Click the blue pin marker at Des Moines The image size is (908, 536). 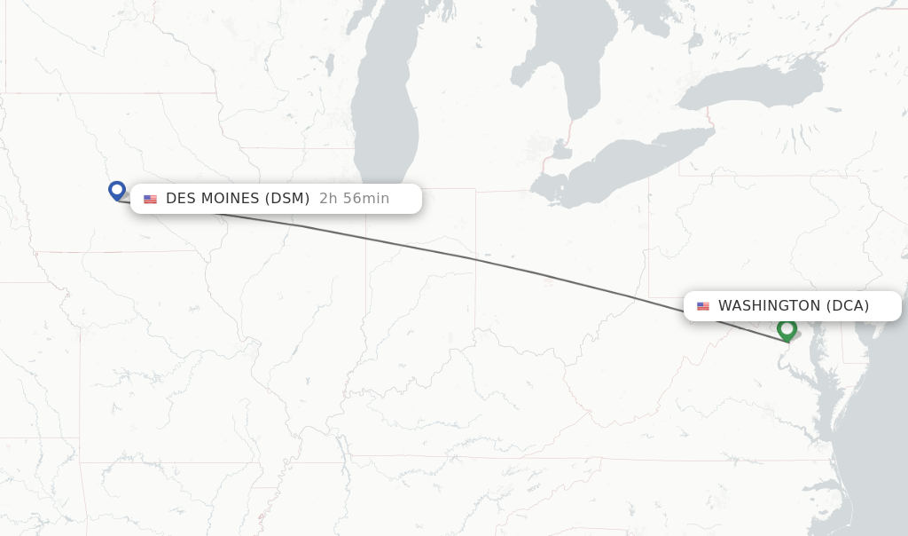pos(117,190)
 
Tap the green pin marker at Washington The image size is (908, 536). pos(787,329)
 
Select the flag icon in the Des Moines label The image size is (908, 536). pos(151,199)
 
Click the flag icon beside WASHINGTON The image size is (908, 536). pos(703,306)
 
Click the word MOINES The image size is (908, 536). pos(230,199)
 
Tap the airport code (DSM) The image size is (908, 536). pos(287,199)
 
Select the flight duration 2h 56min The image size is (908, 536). pos(354,199)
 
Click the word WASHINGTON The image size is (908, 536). pos(769,306)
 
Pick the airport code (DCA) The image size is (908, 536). pos(848,306)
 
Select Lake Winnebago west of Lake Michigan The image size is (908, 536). pos(329,64)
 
